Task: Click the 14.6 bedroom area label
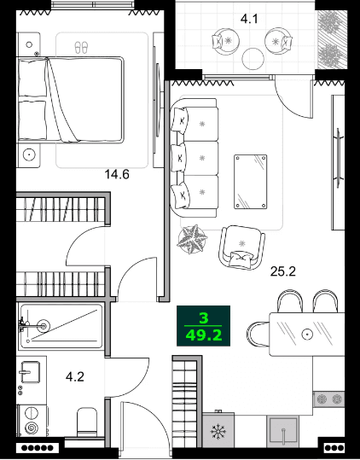tap(117, 176)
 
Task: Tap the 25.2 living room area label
tap(283, 273)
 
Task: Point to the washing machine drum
tap(32, 426)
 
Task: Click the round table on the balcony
tap(253, 58)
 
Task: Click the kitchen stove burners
tap(329, 399)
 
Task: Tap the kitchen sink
tap(285, 430)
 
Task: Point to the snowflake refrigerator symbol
tap(218, 432)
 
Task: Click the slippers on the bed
tap(82, 47)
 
